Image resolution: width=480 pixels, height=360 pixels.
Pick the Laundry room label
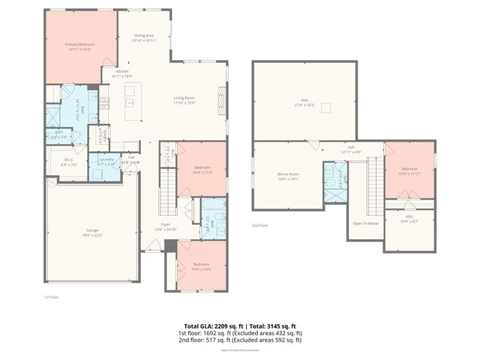tap(106, 161)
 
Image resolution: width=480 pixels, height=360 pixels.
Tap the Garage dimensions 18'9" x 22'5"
tap(92, 233)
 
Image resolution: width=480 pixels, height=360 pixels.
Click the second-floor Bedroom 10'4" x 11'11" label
tap(409, 171)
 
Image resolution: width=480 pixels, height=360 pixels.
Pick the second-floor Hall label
tap(351, 148)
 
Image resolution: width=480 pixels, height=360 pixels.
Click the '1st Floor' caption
tap(51, 298)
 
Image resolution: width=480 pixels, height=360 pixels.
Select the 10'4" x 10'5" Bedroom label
tap(201, 266)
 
